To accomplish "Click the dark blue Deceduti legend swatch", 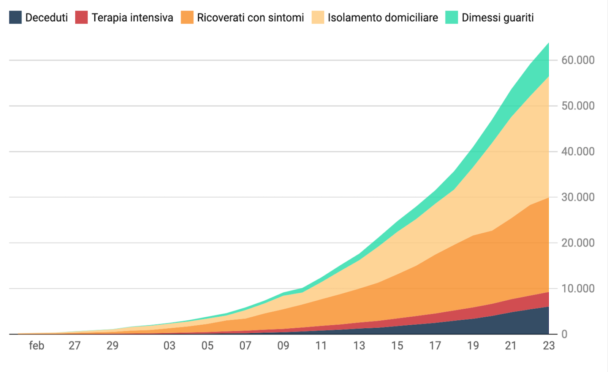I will tap(15, 17).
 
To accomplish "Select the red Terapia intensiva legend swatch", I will tap(81, 17).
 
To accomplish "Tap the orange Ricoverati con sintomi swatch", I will tap(187, 17).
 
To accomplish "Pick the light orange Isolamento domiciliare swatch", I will tap(318, 17).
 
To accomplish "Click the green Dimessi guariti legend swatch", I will tap(451, 17).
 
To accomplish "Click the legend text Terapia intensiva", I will tap(132, 17).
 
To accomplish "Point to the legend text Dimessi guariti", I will tap(497, 17).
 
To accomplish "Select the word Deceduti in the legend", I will tap(46, 17).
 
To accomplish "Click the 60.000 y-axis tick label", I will tap(578, 60).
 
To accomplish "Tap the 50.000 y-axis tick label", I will tap(578, 106).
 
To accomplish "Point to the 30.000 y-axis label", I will tap(578, 197).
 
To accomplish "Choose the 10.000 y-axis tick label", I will tap(578, 288).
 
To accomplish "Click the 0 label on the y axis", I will tap(564, 334).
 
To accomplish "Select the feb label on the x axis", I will tap(36, 346).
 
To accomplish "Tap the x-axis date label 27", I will tap(74, 346).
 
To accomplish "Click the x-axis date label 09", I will tap(283, 346).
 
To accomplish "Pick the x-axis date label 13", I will tap(359, 346).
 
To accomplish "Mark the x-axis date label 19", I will tap(473, 346).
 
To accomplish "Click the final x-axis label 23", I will tap(549, 346).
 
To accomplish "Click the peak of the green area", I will tap(548, 44).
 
